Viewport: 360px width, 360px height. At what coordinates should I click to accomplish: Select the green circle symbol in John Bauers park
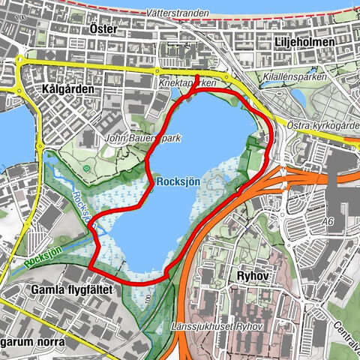(87, 169)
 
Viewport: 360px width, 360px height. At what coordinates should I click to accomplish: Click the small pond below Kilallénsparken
(297, 97)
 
